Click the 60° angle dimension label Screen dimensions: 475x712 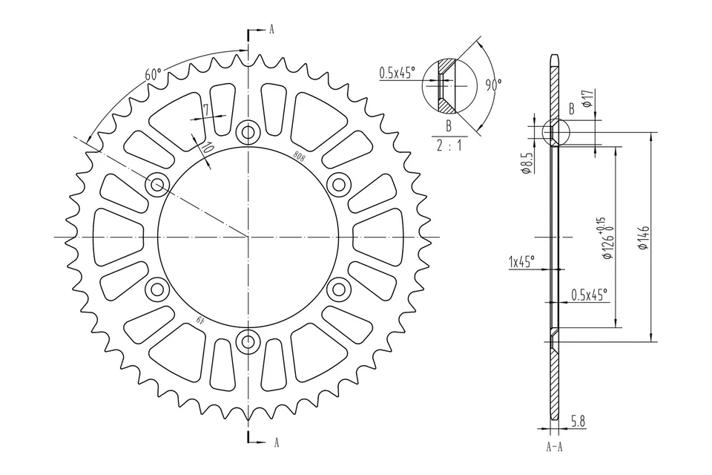point(153,74)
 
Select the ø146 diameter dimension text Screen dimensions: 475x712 point(644,237)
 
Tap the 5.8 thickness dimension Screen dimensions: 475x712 point(578,422)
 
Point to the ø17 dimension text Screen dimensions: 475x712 point(586,99)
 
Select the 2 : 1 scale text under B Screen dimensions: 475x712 point(449,145)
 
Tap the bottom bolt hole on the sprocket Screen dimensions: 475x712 point(247,342)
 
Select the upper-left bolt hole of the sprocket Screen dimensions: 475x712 point(156,185)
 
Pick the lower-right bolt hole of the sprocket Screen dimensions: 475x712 point(338,289)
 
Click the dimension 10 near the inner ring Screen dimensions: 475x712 point(207,148)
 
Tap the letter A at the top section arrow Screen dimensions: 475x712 point(271,30)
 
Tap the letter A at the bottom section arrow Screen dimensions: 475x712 point(276,442)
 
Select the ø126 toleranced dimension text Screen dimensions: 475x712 point(607,240)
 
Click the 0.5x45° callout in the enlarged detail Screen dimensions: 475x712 point(397,73)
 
